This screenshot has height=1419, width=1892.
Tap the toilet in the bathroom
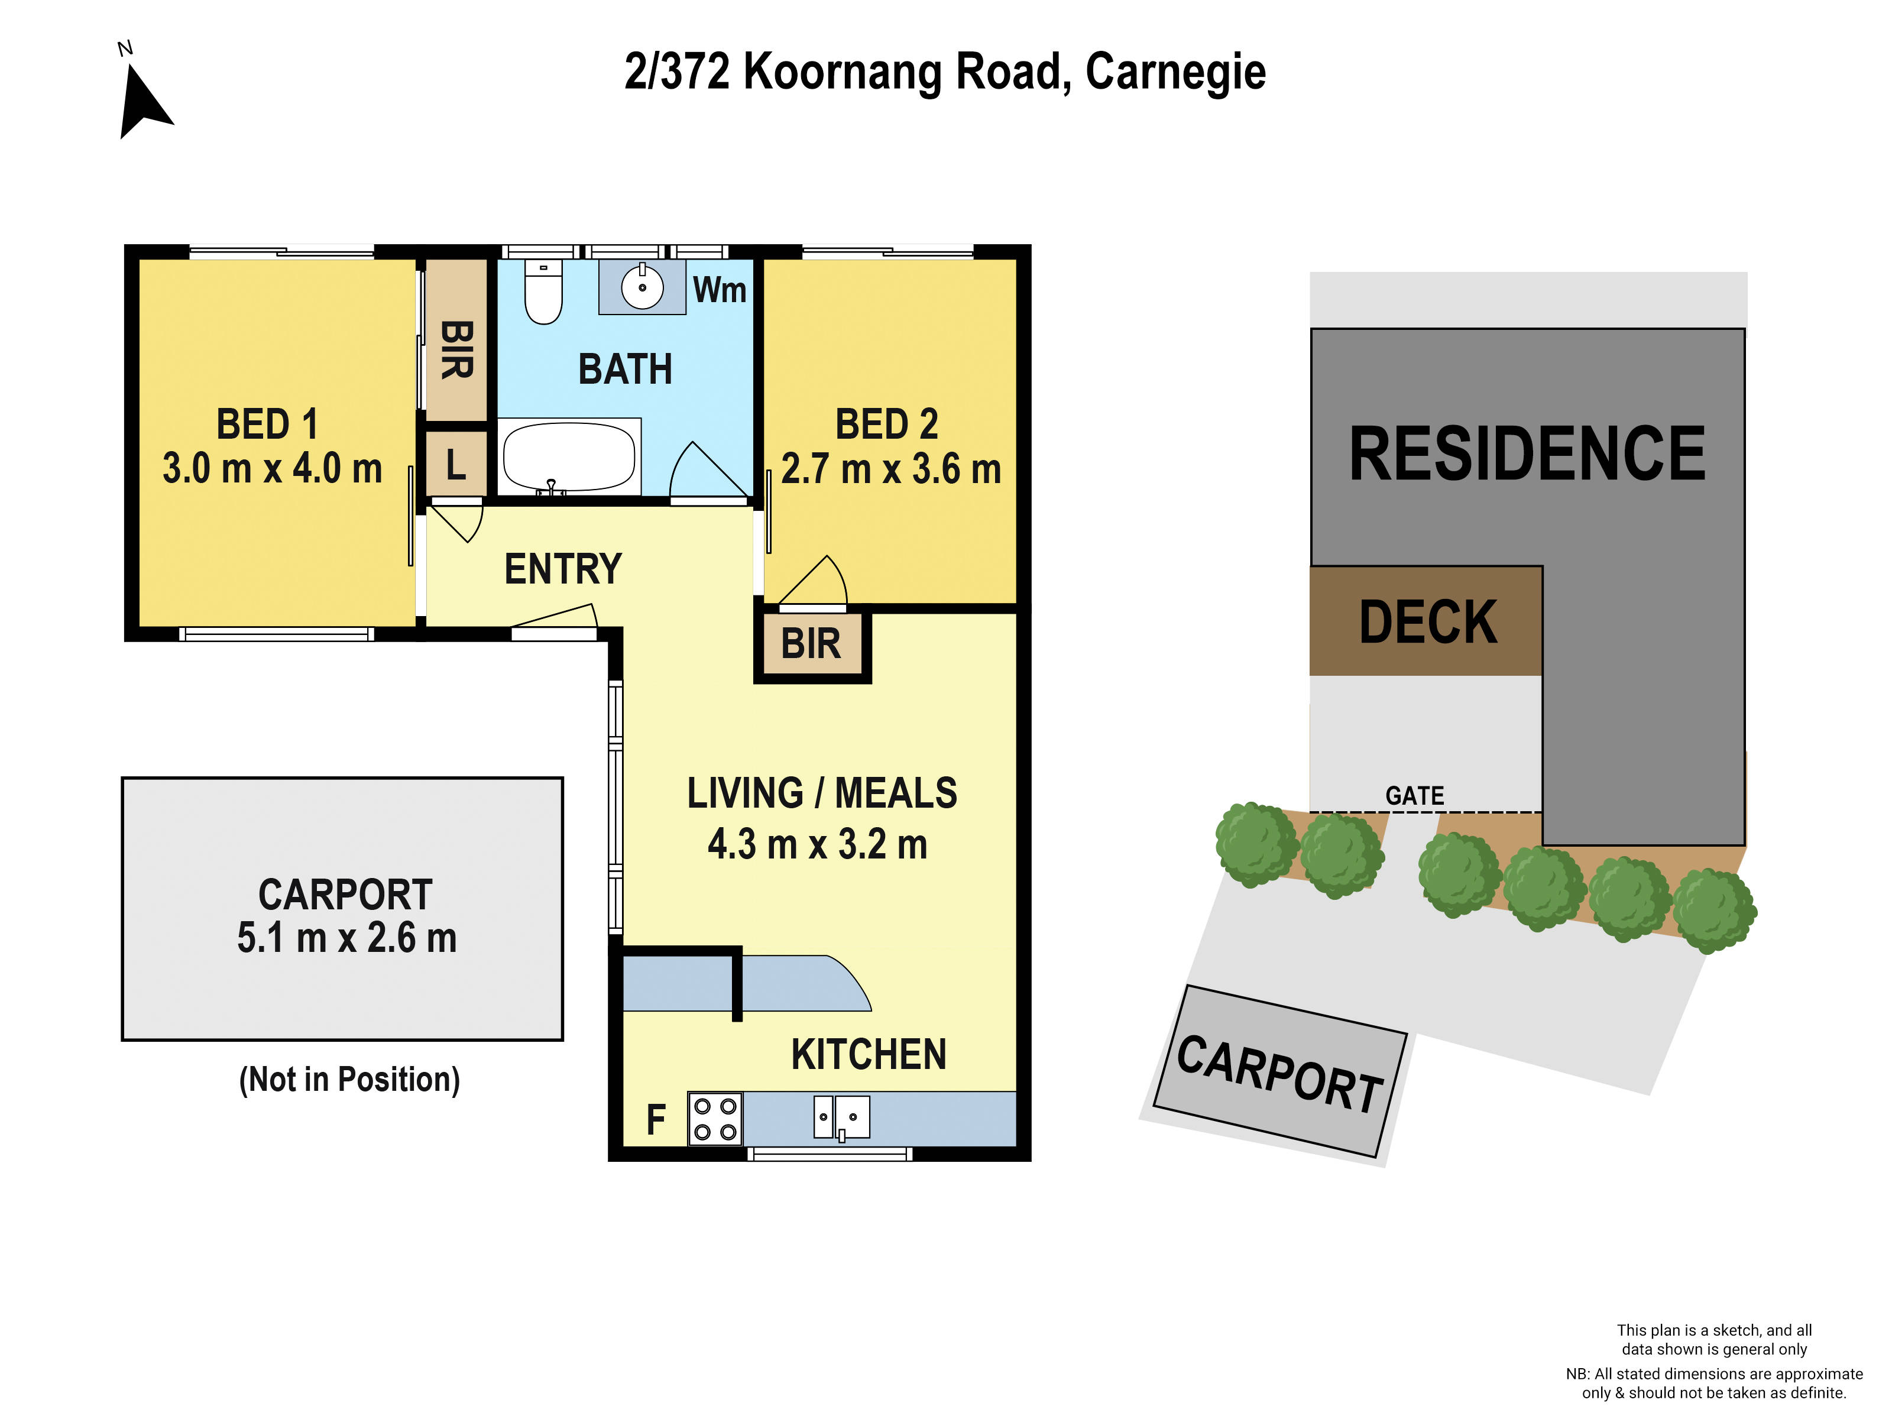pyautogui.click(x=543, y=293)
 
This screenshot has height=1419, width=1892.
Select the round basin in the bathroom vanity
pyautogui.click(x=642, y=287)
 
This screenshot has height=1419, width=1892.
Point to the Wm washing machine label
pyautogui.click(x=720, y=290)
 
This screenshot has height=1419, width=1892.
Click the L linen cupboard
pyautogui.click(x=456, y=465)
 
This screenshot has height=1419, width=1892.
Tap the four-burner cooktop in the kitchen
pyautogui.click(x=715, y=1119)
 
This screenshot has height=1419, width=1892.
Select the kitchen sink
pyautogui.click(x=841, y=1117)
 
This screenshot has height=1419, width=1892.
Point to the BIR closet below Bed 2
pyautogui.click(x=811, y=644)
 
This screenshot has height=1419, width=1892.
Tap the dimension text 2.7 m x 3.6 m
pyautogui.click(x=890, y=469)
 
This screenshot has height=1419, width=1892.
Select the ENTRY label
pyautogui.click(x=563, y=569)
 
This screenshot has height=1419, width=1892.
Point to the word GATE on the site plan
pyautogui.click(x=1414, y=795)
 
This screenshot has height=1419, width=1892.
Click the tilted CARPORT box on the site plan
pyautogui.click(x=1279, y=1072)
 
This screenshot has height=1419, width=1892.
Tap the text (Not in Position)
pyautogui.click(x=349, y=1080)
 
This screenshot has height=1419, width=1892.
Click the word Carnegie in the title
pyautogui.click(x=1175, y=72)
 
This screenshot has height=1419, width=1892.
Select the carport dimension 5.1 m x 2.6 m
pyautogui.click(x=346, y=938)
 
